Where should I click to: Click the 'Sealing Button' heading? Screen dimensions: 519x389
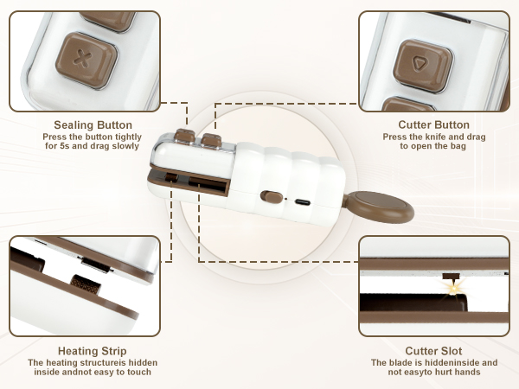(93, 125)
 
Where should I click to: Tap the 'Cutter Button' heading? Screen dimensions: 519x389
(433, 124)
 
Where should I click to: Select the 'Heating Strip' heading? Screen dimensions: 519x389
(93, 351)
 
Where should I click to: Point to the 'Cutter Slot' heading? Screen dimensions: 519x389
(433, 351)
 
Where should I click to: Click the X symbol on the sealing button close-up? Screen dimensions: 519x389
(83, 59)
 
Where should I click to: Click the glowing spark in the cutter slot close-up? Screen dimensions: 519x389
(454, 289)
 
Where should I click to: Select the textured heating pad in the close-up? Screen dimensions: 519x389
(86, 284)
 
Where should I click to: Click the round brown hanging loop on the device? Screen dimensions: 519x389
(379, 207)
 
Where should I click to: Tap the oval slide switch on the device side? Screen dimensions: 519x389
(272, 197)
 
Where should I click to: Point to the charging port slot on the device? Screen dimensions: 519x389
(303, 202)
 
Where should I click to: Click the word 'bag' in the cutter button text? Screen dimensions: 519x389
(458, 146)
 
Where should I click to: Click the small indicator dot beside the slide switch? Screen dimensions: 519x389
(286, 200)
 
